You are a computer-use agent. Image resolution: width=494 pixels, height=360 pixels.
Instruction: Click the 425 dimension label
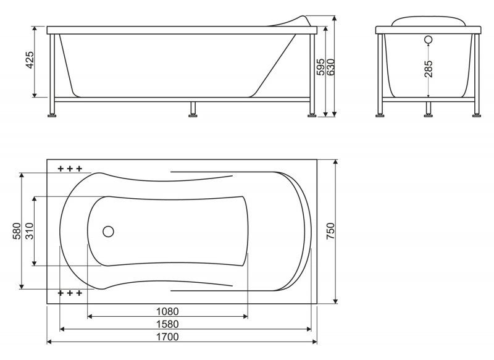(30, 60)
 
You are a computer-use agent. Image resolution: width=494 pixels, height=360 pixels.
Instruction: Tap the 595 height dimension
(320, 67)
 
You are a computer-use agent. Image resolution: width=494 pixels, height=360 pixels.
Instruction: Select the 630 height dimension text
(330, 67)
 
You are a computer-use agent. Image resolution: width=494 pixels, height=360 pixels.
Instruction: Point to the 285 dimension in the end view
(428, 69)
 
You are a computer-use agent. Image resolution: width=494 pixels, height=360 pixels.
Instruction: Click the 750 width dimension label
(331, 231)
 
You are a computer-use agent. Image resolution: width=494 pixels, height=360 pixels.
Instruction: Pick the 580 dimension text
(17, 231)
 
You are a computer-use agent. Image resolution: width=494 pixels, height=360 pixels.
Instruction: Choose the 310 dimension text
(29, 231)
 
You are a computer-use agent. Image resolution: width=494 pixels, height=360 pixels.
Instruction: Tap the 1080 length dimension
(167, 311)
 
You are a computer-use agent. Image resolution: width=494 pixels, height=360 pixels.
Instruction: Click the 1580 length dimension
(167, 324)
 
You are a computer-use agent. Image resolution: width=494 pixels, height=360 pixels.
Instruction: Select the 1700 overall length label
(167, 337)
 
